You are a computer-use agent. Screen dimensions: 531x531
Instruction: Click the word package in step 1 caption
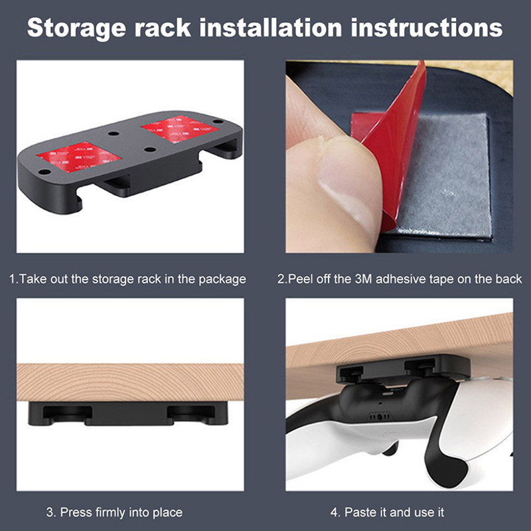tap(222, 279)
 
